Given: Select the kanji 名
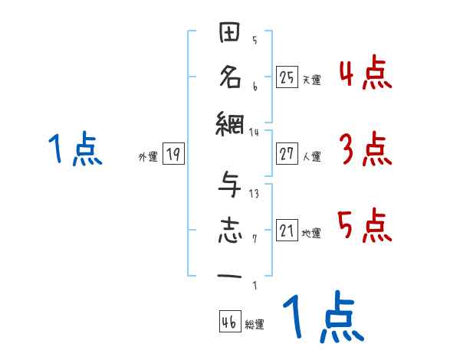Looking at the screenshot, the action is point(231,77).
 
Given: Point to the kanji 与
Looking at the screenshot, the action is point(231,188).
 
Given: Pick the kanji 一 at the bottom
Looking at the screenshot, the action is point(231,274).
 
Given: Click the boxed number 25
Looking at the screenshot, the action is point(287,77).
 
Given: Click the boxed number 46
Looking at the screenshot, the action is point(229,322).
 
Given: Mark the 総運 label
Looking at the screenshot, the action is point(255,325).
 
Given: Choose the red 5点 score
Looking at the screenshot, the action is point(366,225).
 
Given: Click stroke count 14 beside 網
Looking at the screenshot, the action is point(255,132).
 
